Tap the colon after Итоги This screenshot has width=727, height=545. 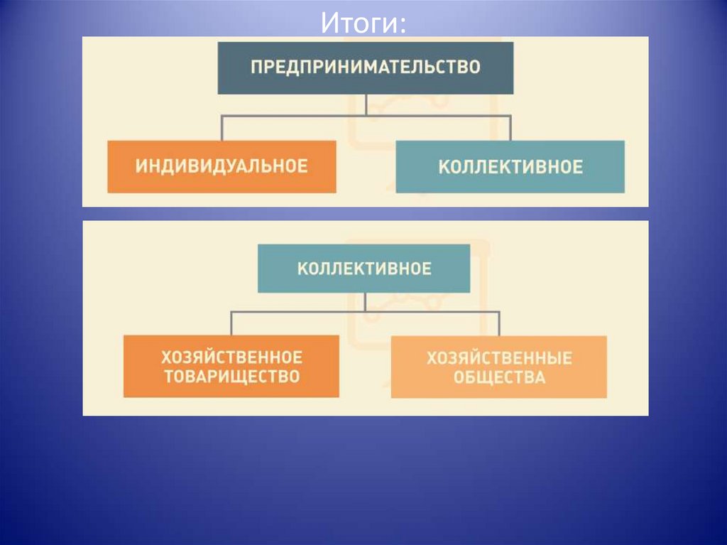pos(403,26)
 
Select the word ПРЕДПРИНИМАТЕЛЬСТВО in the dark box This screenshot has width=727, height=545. pos(366,68)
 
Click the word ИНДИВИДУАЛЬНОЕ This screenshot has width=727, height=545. pos(222,166)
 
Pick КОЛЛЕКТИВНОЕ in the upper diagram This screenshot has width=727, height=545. pos(510,167)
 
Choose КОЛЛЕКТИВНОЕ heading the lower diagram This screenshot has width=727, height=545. pos(363,269)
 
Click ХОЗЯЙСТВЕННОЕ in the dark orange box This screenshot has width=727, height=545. pos(231,357)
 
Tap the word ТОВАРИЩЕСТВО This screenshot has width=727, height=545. pos(231,377)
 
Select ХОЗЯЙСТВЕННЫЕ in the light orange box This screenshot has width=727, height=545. pos(499,357)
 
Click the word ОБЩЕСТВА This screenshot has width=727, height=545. pos(499,377)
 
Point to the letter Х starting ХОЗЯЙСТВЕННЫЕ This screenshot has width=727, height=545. pos(431,357)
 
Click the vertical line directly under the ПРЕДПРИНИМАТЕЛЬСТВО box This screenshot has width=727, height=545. pos(366,104)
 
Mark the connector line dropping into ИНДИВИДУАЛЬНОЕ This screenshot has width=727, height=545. pos(222,128)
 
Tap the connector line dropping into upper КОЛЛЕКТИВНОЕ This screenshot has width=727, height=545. pos(510,128)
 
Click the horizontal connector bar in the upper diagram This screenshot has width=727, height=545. pos(298,115)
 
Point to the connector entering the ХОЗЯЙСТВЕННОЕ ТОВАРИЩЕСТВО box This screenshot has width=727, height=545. pos(231,323)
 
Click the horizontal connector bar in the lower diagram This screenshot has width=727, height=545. pos(298,311)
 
